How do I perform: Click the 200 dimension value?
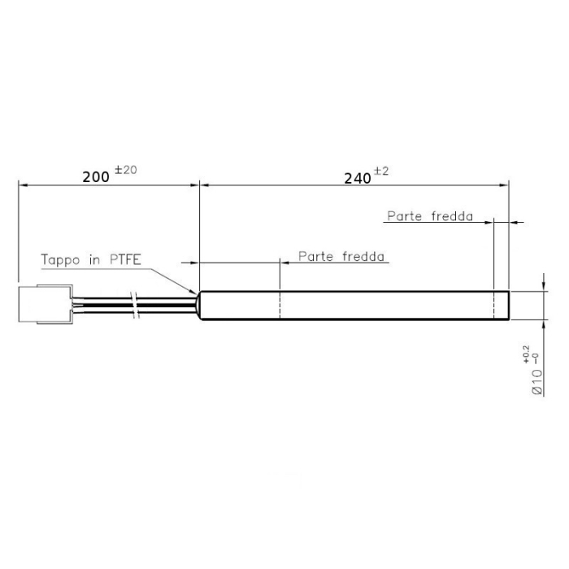tap(96, 176)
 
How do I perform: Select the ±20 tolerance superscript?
tap(127, 170)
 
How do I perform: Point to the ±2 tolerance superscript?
tap(381, 172)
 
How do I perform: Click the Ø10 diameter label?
tap(537, 380)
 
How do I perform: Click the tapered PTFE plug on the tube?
tap(196, 305)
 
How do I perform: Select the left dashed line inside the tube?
tap(280, 306)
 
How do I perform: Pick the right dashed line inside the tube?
tap(494, 306)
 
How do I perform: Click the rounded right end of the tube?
tap(507, 306)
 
